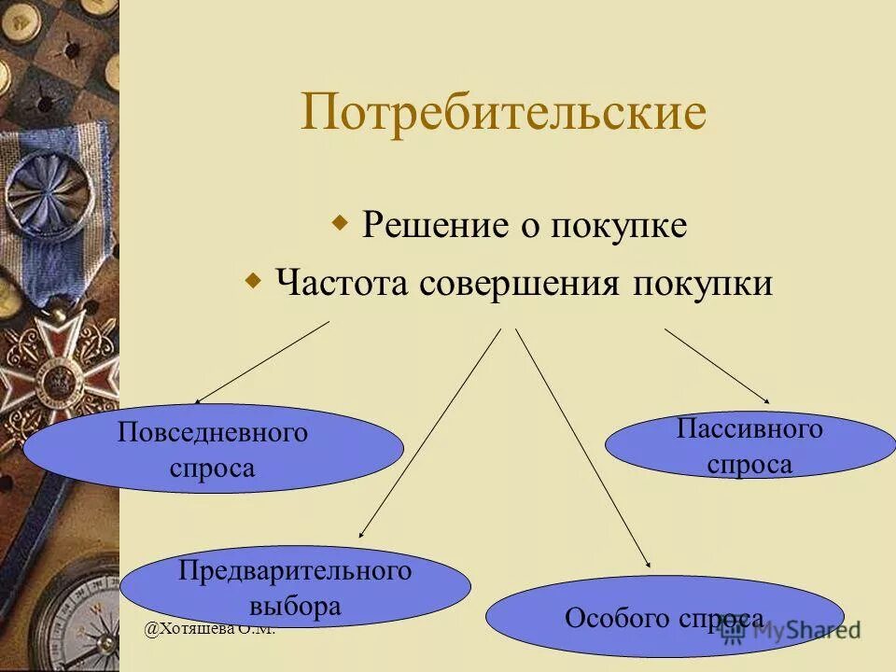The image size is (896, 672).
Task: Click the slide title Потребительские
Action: [503, 113]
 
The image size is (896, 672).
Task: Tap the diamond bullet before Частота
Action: [253, 279]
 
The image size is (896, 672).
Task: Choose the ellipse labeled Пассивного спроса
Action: [749, 446]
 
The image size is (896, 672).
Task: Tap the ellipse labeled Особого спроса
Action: [664, 617]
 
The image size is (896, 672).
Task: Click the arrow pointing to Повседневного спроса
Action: [262, 362]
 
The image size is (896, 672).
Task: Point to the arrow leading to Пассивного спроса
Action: [718, 365]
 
